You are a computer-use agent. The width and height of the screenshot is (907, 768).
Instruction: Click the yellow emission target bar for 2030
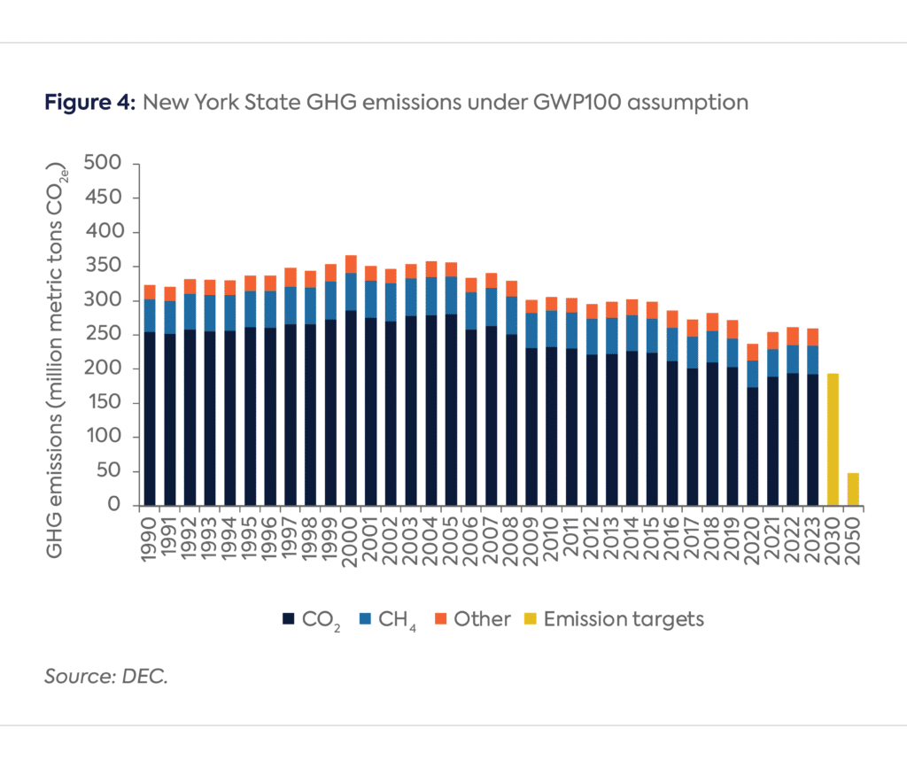(833, 439)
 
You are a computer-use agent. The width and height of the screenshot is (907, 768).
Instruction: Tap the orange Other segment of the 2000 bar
(351, 264)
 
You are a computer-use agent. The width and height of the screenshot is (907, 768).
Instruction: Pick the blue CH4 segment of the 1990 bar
(150, 315)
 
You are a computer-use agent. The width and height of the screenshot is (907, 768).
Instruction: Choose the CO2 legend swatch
(287, 619)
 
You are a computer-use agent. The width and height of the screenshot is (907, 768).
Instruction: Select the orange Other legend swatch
(440, 619)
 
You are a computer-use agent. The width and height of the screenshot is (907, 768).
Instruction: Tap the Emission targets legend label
(624, 619)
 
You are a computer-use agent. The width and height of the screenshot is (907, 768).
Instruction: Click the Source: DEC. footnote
(106, 678)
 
